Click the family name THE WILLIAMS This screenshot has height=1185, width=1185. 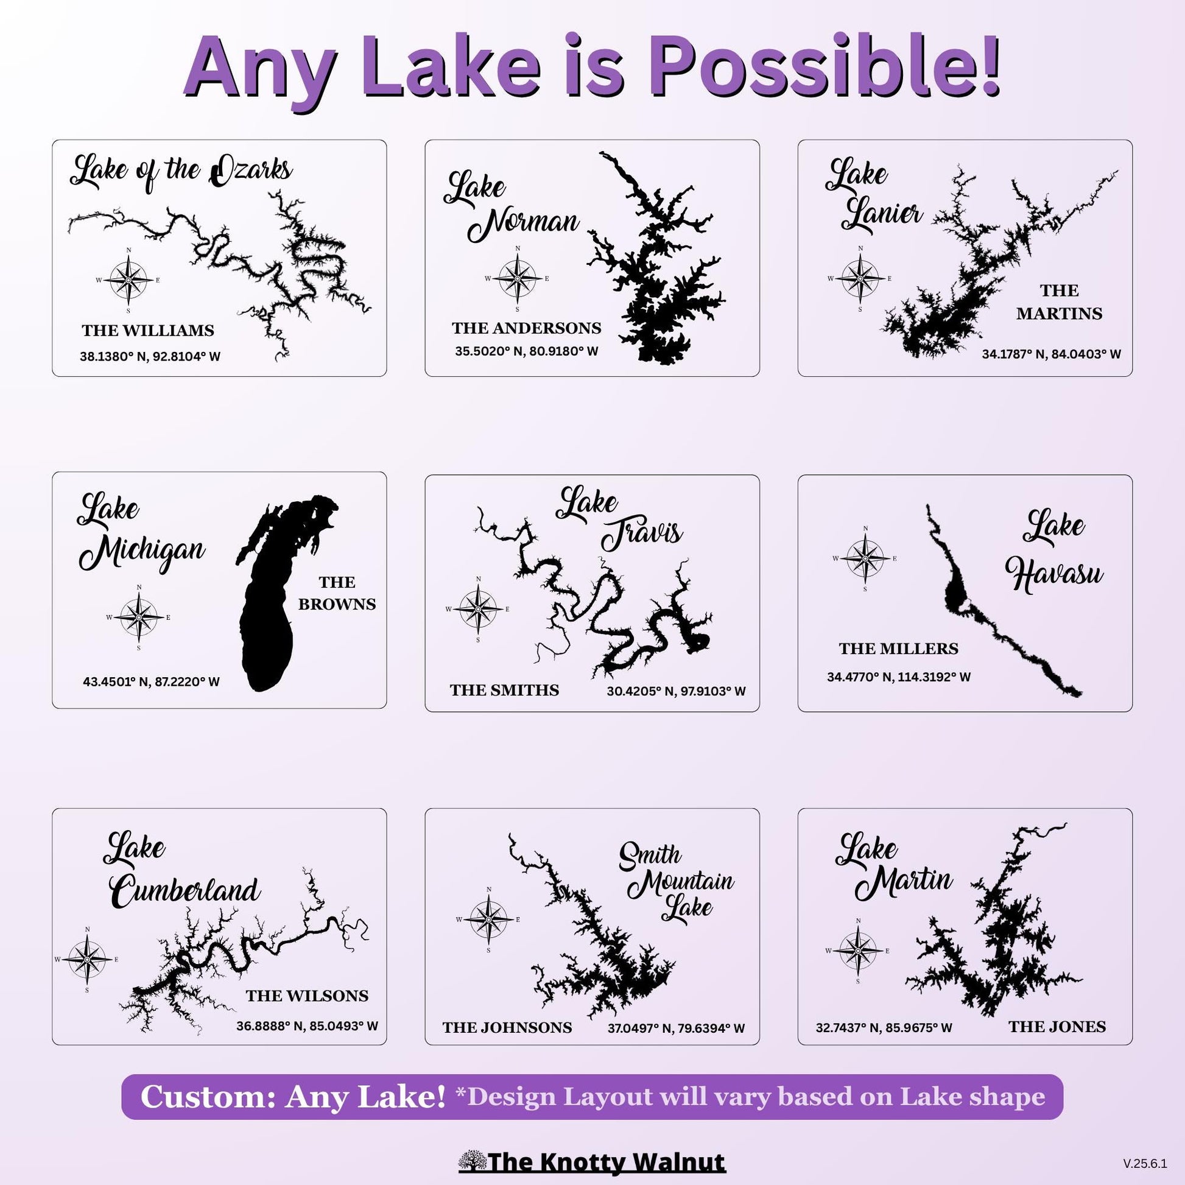148,331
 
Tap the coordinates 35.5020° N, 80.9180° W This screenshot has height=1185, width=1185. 526,351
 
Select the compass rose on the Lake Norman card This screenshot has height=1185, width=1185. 518,278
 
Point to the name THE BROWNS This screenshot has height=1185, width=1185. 337,593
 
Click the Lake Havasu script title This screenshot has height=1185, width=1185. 1053,552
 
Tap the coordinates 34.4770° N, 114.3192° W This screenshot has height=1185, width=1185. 899,677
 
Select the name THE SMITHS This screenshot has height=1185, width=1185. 504,691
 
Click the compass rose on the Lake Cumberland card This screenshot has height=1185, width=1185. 87,959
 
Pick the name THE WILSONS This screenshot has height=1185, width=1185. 308,996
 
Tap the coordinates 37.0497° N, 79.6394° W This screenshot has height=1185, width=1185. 676,1029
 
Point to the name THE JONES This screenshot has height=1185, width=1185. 1057,1027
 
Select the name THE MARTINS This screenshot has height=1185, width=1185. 1060,303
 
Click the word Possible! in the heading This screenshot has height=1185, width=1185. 825,68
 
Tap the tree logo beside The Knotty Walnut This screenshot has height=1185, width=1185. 472,1160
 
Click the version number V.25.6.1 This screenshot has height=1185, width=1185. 1145,1163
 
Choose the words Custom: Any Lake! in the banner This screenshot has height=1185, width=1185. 292,1097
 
